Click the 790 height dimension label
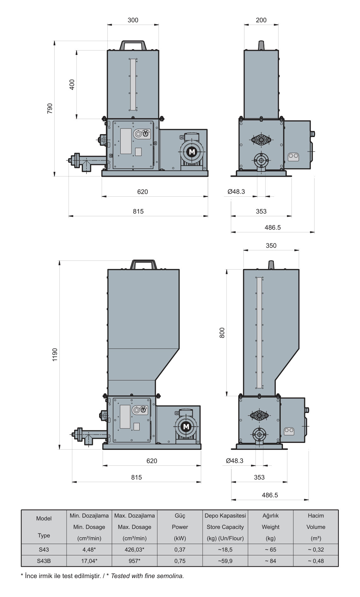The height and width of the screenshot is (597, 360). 50,108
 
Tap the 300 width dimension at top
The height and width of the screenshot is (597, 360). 133,20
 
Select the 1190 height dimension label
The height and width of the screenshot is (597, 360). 55,355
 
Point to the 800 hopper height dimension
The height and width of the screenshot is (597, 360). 222,333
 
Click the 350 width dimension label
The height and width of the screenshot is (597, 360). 271,246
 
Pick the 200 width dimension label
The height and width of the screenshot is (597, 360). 261,20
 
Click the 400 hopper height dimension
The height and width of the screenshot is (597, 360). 72,85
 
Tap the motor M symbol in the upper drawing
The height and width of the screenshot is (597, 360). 192,152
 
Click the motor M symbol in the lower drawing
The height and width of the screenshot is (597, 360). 186,427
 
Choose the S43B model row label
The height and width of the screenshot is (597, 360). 44,561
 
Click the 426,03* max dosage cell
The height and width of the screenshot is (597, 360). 135,550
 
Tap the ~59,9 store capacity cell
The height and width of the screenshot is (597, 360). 225,561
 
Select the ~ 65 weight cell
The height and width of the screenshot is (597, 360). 271,550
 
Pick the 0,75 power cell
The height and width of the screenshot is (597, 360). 180,561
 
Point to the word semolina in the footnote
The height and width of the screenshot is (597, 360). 172,576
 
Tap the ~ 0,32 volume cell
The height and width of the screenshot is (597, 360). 316,550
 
